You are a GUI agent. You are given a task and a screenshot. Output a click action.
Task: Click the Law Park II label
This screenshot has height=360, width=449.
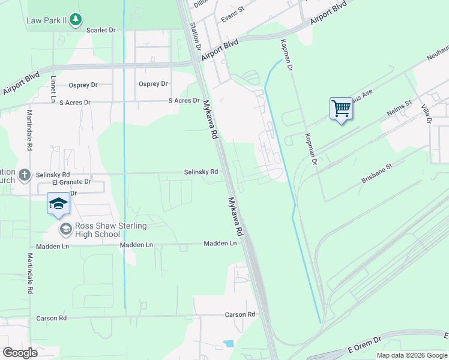pos(46,20)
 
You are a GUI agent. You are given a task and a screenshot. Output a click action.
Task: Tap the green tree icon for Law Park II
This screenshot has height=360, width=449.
pos(75,20)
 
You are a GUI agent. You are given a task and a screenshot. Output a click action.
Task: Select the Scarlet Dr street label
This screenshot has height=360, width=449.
pos(101,29)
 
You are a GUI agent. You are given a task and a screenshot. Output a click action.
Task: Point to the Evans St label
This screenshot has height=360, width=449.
pos(233,14)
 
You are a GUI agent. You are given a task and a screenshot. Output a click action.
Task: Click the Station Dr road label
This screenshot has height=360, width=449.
pos(194,37)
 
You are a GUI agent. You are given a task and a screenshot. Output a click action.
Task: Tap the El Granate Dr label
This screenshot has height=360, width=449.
pos(71,181)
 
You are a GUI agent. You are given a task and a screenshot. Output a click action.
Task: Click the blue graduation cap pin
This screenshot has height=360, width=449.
pos(59,203)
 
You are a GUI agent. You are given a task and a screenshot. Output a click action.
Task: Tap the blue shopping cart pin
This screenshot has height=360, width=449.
pos(340,109)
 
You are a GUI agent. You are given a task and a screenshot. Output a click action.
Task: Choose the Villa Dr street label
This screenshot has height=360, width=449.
pos(426,112)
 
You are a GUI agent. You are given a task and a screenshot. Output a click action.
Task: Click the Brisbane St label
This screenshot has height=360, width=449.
pos(376,172)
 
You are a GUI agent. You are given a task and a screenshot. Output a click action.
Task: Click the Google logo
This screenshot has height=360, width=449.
pos(20,352)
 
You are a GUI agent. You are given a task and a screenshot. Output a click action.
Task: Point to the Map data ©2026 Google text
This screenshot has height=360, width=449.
pos(412,355)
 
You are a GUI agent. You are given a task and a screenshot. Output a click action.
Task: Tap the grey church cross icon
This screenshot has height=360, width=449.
pos(24,175)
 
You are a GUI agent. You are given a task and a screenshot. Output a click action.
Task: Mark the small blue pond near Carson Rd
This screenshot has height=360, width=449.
pos(229,344)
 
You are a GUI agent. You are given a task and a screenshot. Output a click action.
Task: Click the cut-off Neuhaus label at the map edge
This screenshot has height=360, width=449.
pos(436,55)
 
